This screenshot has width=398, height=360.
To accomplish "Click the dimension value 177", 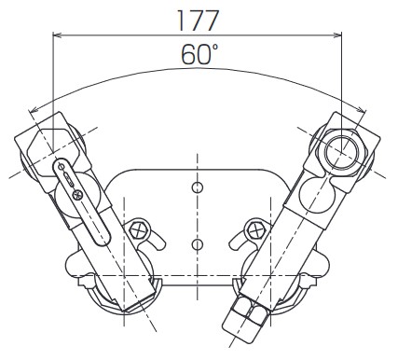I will coord(198,20).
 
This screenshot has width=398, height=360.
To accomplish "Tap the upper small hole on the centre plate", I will coord(196,187).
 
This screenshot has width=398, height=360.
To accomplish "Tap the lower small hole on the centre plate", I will coord(196,244).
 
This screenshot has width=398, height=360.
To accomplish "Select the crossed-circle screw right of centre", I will coord(252,229).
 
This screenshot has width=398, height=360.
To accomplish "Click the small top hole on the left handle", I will coord(58,164).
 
